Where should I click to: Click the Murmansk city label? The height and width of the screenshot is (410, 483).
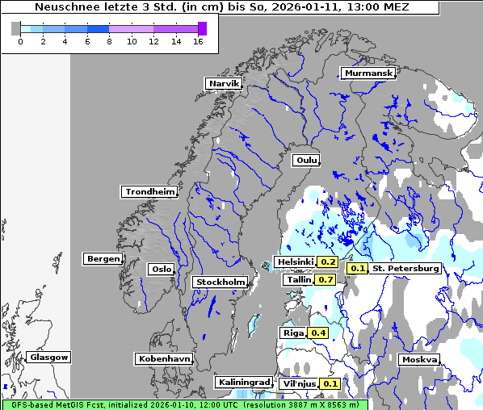[368, 73]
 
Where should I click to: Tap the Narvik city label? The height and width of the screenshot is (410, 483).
[224, 83]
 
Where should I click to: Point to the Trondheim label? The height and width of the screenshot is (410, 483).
[149, 192]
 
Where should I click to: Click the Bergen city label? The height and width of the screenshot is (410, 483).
[102, 259]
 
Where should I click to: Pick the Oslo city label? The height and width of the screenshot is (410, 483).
[161, 270]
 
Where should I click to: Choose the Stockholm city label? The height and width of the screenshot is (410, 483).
[220, 282]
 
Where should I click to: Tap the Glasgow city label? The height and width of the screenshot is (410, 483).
[49, 357]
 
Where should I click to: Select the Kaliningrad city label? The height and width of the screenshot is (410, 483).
[243, 382]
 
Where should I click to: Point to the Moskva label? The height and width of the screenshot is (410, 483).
[420, 359]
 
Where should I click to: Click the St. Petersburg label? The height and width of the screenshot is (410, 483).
[405, 268]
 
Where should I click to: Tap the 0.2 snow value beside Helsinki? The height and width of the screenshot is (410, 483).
[327, 261]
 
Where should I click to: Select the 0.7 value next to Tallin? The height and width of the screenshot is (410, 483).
[325, 279]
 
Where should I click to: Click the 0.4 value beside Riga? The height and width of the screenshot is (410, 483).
[318, 333]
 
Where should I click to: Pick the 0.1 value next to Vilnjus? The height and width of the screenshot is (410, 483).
[330, 383]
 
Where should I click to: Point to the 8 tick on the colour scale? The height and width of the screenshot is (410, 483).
[109, 41]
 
